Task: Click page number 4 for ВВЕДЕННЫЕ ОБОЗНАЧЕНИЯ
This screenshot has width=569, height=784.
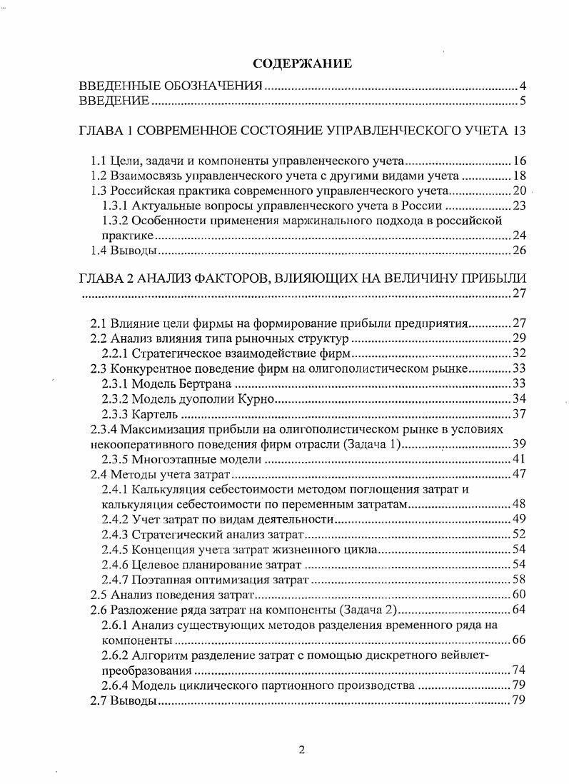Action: pyautogui.click(x=523, y=87)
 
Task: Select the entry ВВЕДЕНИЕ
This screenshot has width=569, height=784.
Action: pyautogui.click(x=114, y=101)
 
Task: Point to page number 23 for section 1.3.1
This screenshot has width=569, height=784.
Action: pyautogui.click(x=519, y=206)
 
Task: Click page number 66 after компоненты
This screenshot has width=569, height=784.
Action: pyautogui.click(x=519, y=639)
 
